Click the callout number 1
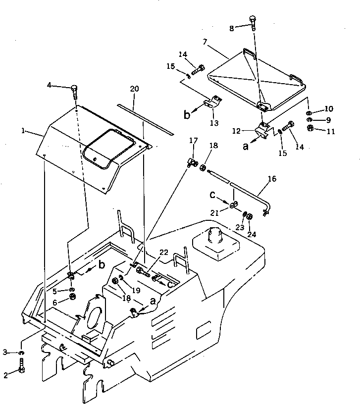coord(23,131)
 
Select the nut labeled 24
coord(250,216)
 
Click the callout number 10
coord(329,108)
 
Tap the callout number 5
coord(55,291)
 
